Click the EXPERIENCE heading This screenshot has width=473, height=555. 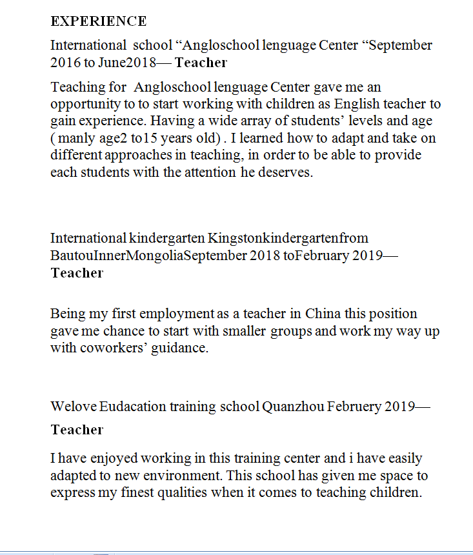(x=99, y=21)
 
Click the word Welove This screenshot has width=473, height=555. (x=73, y=407)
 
